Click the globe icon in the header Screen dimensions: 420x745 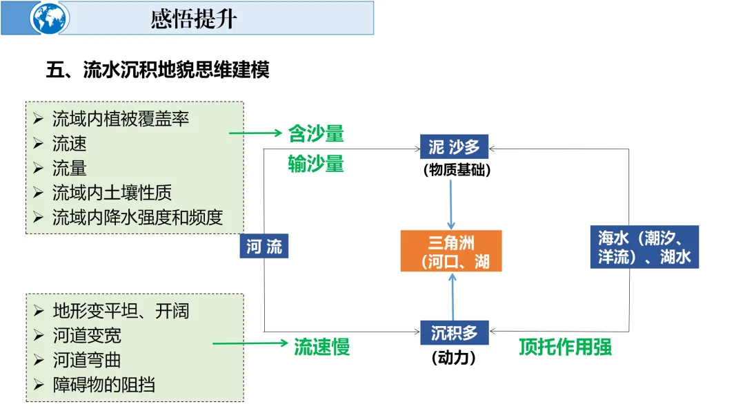click(x=50, y=18)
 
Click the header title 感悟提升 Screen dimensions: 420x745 click(x=194, y=19)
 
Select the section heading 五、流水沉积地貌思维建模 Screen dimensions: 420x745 click(x=157, y=70)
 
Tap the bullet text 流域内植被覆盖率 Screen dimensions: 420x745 click(x=121, y=119)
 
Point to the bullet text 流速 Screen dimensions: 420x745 click(x=70, y=144)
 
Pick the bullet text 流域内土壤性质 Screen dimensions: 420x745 click(x=112, y=193)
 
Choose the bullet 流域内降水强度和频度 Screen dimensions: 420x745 click(x=138, y=218)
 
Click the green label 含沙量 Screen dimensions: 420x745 click(x=316, y=134)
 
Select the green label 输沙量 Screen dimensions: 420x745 click(x=316, y=164)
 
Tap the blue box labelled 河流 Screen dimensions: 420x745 click(x=264, y=247)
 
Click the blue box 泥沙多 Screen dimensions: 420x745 click(x=454, y=147)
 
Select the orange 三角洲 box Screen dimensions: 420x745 click(x=452, y=251)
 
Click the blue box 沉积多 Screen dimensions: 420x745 click(x=454, y=333)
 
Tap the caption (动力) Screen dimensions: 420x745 click(x=453, y=358)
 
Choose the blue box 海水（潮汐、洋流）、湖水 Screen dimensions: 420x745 click(x=644, y=247)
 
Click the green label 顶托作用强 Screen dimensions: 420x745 click(x=565, y=346)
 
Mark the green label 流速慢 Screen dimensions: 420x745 click(x=322, y=347)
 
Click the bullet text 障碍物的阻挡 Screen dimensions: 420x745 click(x=104, y=385)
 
